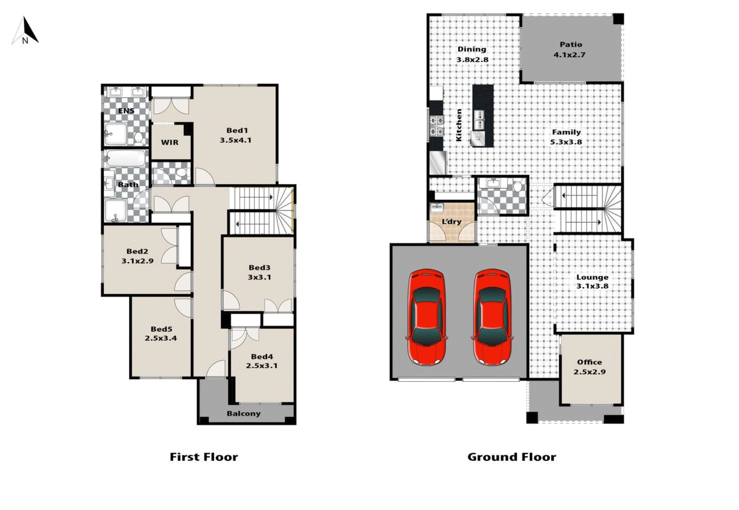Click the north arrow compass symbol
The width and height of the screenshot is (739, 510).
coord(25,31)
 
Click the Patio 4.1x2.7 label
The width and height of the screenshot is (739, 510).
coord(570,49)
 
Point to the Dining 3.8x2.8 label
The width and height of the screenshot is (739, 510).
coord(472,54)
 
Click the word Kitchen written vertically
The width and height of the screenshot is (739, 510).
coord(459,125)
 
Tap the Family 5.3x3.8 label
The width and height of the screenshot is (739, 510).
coord(566,137)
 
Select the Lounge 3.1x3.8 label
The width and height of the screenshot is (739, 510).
coord(592,281)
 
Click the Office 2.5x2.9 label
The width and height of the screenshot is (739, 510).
coord(589,367)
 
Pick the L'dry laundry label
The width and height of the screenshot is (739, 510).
coord(451,222)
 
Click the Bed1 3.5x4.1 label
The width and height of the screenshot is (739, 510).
coord(236,135)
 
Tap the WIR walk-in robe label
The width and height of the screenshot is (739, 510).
coord(170,142)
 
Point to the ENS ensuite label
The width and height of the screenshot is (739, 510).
coord(126,110)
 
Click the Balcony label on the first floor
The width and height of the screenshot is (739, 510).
coord(243,413)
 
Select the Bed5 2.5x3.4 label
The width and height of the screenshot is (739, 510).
coord(161,333)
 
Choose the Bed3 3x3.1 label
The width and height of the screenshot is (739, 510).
coord(259,272)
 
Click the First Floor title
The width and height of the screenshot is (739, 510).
coord(203,457)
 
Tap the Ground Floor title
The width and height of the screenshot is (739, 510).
coord(512,457)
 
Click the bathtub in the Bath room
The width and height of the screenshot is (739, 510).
coord(126,158)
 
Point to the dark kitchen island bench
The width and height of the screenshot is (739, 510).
coord(483,116)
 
